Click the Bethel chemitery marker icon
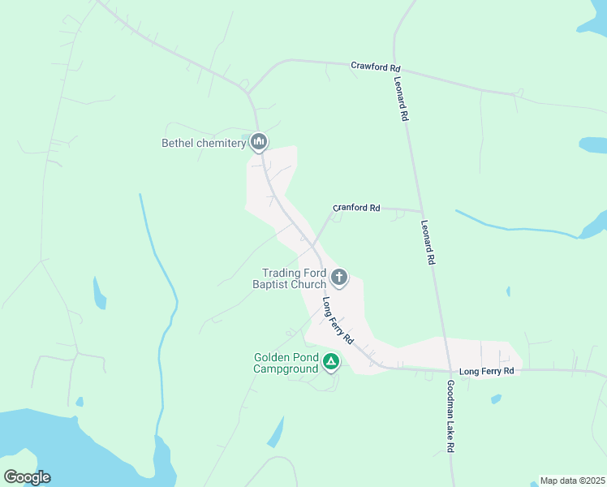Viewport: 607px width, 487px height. point(259,143)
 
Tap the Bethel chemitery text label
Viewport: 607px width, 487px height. point(203,144)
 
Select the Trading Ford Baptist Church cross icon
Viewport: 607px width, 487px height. point(338,278)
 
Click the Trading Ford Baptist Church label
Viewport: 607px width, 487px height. point(294,278)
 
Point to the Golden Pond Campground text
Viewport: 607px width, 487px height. point(286,363)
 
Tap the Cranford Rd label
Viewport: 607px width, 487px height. point(356,208)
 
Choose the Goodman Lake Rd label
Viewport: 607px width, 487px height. point(450,416)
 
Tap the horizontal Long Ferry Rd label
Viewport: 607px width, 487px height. point(487,371)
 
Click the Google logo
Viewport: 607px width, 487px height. point(27,476)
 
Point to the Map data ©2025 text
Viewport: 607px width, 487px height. point(572,481)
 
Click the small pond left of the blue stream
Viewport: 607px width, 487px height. point(99,294)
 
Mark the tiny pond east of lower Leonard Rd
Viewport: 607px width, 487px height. point(508,291)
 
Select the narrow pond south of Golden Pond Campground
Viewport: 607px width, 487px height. point(276,431)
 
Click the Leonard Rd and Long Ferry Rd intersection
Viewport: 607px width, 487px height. point(443,370)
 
